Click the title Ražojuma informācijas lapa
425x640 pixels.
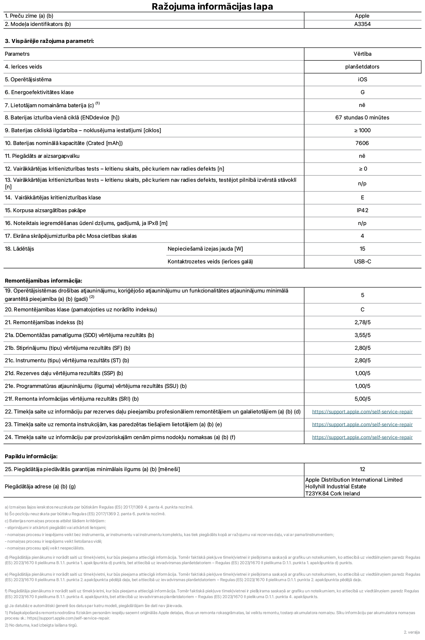click(x=212, y=6)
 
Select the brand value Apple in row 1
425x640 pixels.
click(x=362, y=16)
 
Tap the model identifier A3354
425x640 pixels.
click(x=362, y=24)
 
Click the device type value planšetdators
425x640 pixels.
click(x=362, y=67)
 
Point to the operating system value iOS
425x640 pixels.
click(x=362, y=79)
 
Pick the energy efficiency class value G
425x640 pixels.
click(x=362, y=92)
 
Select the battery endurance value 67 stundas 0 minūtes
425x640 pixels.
click(x=362, y=117)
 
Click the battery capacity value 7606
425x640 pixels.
click(x=362, y=143)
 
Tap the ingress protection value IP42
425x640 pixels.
click(x=362, y=210)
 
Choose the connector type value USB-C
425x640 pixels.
click(x=362, y=261)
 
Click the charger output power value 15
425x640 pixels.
click(x=362, y=249)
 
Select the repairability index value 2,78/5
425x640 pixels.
click(x=362, y=322)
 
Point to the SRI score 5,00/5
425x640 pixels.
click(x=362, y=399)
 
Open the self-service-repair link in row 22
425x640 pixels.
click(x=362, y=412)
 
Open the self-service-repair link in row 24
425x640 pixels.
click(x=362, y=437)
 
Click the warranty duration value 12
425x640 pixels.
click(x=362, y=469)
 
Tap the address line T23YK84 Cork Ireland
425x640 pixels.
click(x=333, y=493)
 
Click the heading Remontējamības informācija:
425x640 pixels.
click(x=44, y=281)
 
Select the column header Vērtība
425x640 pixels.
click(x=362, y=54)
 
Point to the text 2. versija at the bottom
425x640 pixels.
click(x=412, y=632)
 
